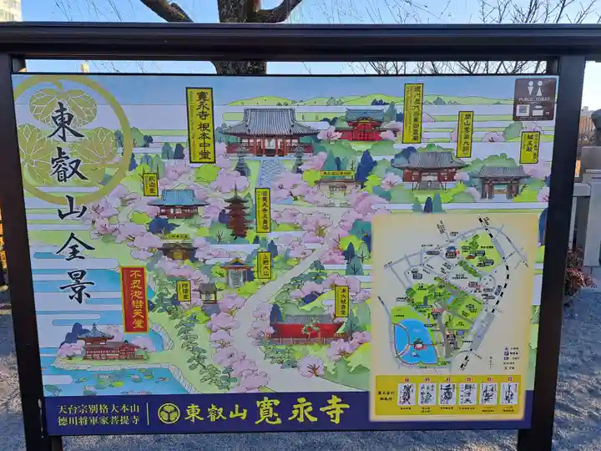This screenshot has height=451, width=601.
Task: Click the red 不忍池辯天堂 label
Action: pyautogui.click(x=134, y=299)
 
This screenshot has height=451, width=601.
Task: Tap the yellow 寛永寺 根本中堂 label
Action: pyautogui.click(x=200, y=124)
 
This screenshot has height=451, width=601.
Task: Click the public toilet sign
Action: pyautogui.click(x=534, y=99)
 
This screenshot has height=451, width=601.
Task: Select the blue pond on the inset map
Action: pyautogui.click(x=415, y=342)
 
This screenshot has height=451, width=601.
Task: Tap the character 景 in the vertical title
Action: pyautogui.click(x=76, y=285)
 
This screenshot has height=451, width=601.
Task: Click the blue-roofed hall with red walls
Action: pyautogui.click(x=177, y=203)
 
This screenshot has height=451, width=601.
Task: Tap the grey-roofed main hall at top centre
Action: pyautogui.click(x=269, y=131)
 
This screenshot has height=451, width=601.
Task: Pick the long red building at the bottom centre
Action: pyautogui.click(x=306, y=329)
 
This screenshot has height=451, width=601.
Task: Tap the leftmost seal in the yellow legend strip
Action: pyautogui.click(x=407, y=393)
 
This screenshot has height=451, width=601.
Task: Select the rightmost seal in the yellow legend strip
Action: pyautogui.click(x=508, y=393)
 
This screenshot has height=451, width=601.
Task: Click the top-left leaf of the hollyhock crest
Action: pyautogui.click(x=47, y=106)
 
